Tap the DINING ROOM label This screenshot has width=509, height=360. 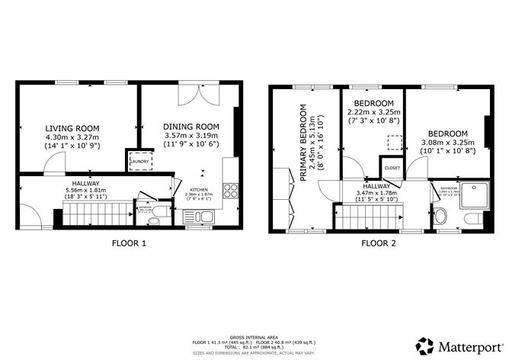coord(191,127)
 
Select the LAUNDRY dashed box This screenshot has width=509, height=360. coord(139,161)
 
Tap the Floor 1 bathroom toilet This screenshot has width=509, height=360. coord(155,220)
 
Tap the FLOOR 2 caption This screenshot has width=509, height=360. coord(379,244)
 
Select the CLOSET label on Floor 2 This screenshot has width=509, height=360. coord(392,168)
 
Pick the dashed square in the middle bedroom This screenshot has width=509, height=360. coord(394,142)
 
